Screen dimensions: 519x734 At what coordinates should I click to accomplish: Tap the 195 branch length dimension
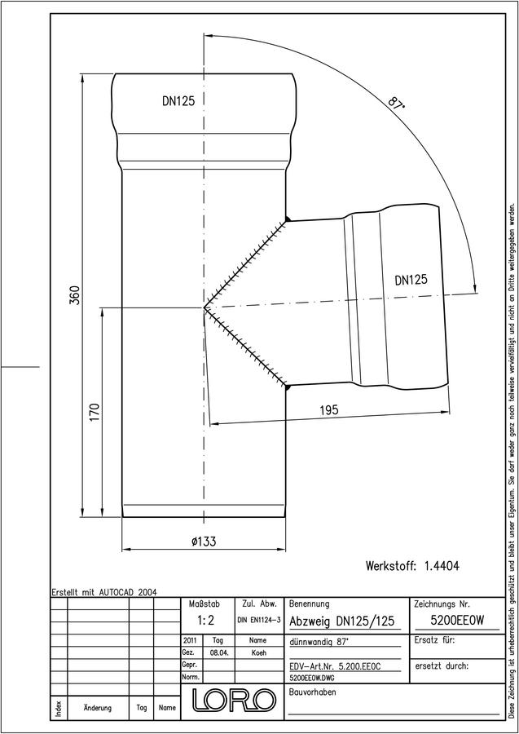point(328,410)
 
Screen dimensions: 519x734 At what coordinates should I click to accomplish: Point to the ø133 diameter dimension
point(204,542)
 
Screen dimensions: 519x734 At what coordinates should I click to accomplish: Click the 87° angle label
point(395,104)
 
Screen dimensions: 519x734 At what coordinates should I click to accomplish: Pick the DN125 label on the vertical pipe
point(178,101)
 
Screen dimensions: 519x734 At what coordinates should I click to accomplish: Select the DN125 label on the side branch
point(411,280)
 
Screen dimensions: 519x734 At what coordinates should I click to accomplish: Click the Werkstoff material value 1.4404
point(442,566)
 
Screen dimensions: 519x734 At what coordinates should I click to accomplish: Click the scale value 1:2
point(206,621)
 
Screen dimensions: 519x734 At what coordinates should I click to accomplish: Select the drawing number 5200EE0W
point(457,621)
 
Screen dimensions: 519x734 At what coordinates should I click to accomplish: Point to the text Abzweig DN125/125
point(342,621)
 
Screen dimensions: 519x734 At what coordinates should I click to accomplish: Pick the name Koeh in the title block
point(258,653)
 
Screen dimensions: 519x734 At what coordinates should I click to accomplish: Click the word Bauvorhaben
point(313,692)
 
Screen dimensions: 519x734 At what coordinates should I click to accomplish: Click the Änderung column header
point(97,708)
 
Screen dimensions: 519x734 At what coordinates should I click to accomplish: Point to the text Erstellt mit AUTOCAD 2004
point(104,592)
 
